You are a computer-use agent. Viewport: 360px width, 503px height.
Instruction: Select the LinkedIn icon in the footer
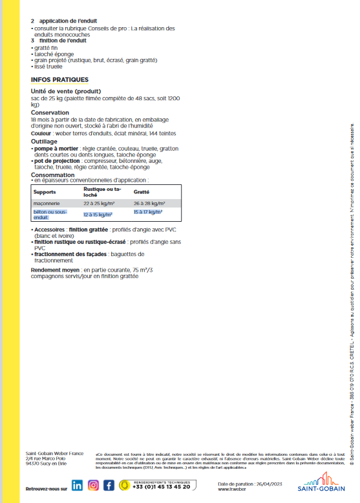[x=78, y=486]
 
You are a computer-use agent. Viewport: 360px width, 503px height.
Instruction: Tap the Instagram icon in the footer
[x=94, y=486]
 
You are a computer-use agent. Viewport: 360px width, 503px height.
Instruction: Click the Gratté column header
[x=142, y=192]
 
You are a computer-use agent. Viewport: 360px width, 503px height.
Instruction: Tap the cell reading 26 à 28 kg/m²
[x=148, y=203]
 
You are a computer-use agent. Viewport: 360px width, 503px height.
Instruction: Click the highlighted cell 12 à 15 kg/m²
[x=98, y=214]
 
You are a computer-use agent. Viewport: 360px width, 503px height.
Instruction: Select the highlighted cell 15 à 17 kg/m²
[x=148, y=211]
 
